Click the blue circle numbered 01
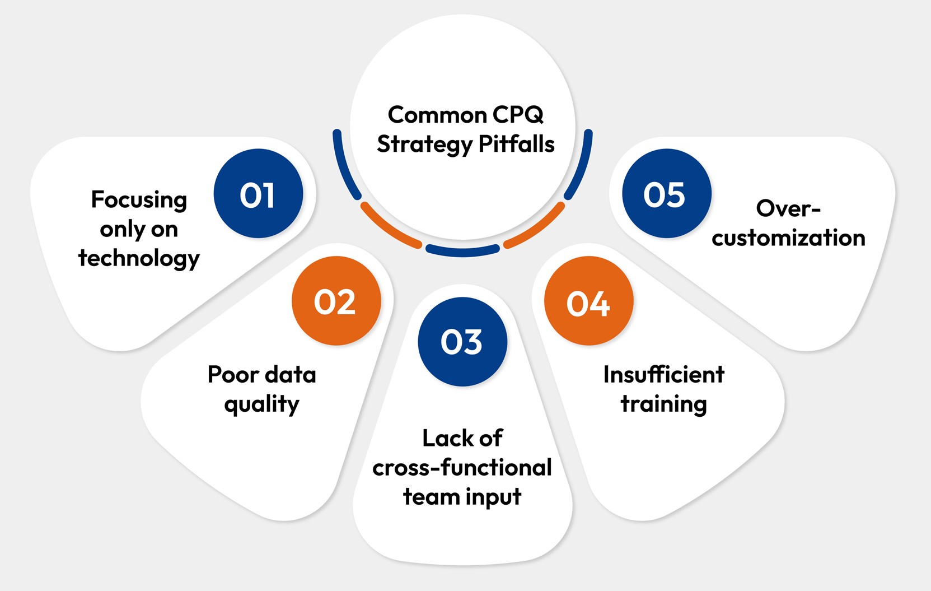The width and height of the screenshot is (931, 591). click(x=258, y=194)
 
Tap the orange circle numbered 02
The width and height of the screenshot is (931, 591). click(x=336, y=301)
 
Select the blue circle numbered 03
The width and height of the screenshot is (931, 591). click(x=462, y=342)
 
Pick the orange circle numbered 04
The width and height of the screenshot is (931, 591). click(x=588, y=301)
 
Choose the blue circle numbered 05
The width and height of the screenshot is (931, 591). click(x=666, y=194)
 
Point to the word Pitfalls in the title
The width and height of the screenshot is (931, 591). click(x=517, y=145)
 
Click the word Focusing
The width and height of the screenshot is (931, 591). click(x=139, y=200)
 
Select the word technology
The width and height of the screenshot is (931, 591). click(x=139, y=258)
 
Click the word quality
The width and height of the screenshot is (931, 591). click(x=261, y=404)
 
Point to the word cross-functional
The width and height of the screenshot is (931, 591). click(x=462, y=467)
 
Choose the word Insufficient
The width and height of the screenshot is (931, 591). click(x=663, y=374)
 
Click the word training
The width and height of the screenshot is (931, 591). click(x=663, y=404)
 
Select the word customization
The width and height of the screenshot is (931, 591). click(x=788, y=238)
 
